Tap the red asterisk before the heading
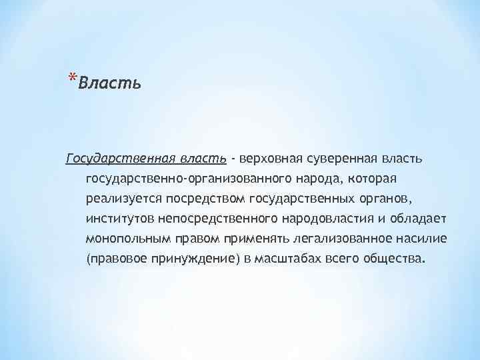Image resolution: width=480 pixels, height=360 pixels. point(73,79)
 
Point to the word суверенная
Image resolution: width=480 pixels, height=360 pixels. point(341,159)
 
